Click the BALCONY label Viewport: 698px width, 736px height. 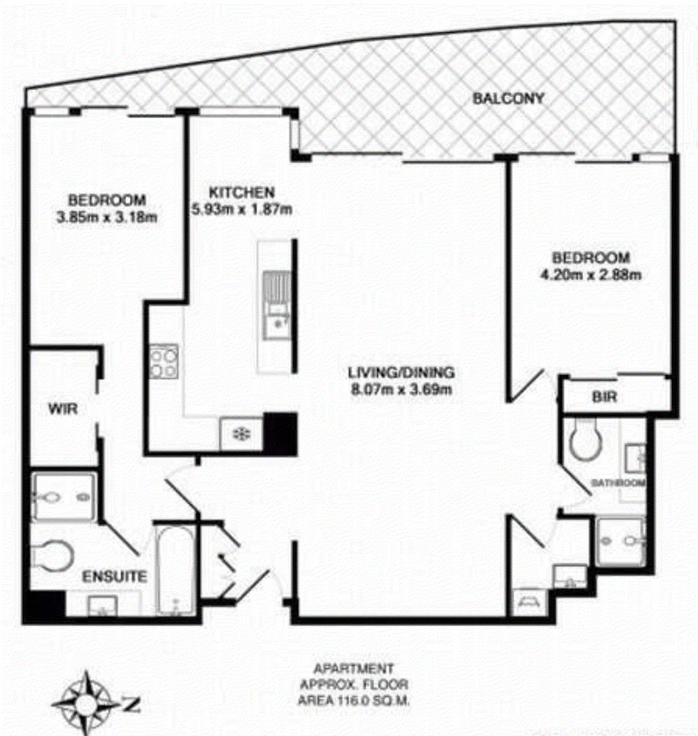tap(508, 98)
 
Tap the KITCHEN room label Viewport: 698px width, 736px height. tap(242, 193)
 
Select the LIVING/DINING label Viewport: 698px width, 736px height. tap(401, 372)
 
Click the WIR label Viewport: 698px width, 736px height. tap(63, 409)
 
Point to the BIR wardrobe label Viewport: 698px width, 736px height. tap(604, 397)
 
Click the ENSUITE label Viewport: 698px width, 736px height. tap(114, 576)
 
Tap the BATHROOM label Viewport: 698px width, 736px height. tap(618, 482)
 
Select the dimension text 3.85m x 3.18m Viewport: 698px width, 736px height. tap(106, 217)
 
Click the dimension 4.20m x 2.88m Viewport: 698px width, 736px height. tap(591, 275)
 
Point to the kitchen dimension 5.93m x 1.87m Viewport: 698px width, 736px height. tap(242, 209)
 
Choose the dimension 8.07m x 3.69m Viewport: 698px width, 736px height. tap(401, 389)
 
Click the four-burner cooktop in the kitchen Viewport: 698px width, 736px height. tap(164, 362)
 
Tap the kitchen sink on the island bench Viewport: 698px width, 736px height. tap(277, 305)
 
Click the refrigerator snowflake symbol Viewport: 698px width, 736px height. tap(242, 433)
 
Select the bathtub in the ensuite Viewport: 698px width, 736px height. tap(174, 570)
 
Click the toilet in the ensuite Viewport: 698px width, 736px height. tap(52, 555)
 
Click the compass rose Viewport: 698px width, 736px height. tap(86, 703)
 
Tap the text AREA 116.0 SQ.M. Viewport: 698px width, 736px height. tap(353, 701)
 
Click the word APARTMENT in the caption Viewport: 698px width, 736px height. tap(353, 668)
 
